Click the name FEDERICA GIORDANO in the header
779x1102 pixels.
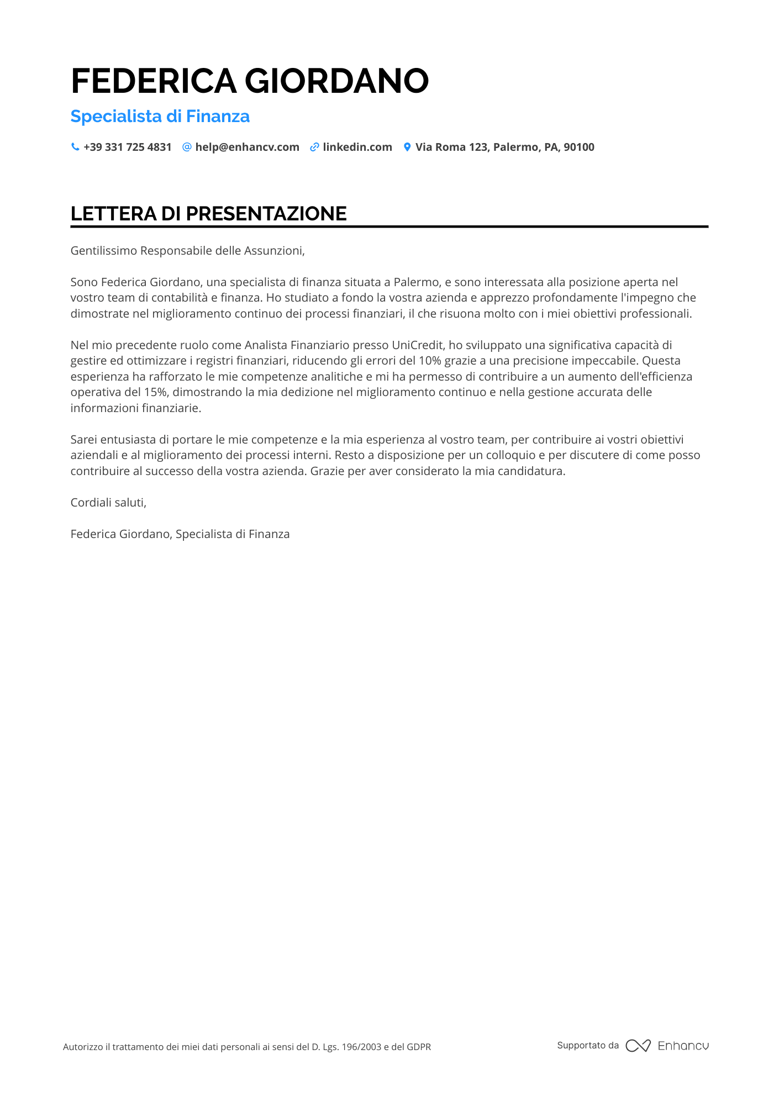tap(250, 81)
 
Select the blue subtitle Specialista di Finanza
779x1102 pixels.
tap(160, 117)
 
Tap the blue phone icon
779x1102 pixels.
tap(75, 147)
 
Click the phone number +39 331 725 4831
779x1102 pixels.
tap(128, 147)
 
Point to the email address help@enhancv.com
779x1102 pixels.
tap(247, 147)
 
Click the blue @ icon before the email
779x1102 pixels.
tap(187, 147)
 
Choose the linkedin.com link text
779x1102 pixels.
tap(357, 147)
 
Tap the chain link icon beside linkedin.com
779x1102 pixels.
tap(314, 147)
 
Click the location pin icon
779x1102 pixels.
tap(407, 147)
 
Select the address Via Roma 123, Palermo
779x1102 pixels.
tap(505, 147)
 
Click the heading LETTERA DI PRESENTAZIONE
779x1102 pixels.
tap(209, 214)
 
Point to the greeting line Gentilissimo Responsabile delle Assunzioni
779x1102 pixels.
tap(188, 251)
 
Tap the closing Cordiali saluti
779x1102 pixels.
tap(108, 503)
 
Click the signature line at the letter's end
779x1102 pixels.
tap(180, 534)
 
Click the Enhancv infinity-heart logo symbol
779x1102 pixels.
tap(638, 1046)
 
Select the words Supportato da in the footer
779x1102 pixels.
tap(588, 1046)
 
